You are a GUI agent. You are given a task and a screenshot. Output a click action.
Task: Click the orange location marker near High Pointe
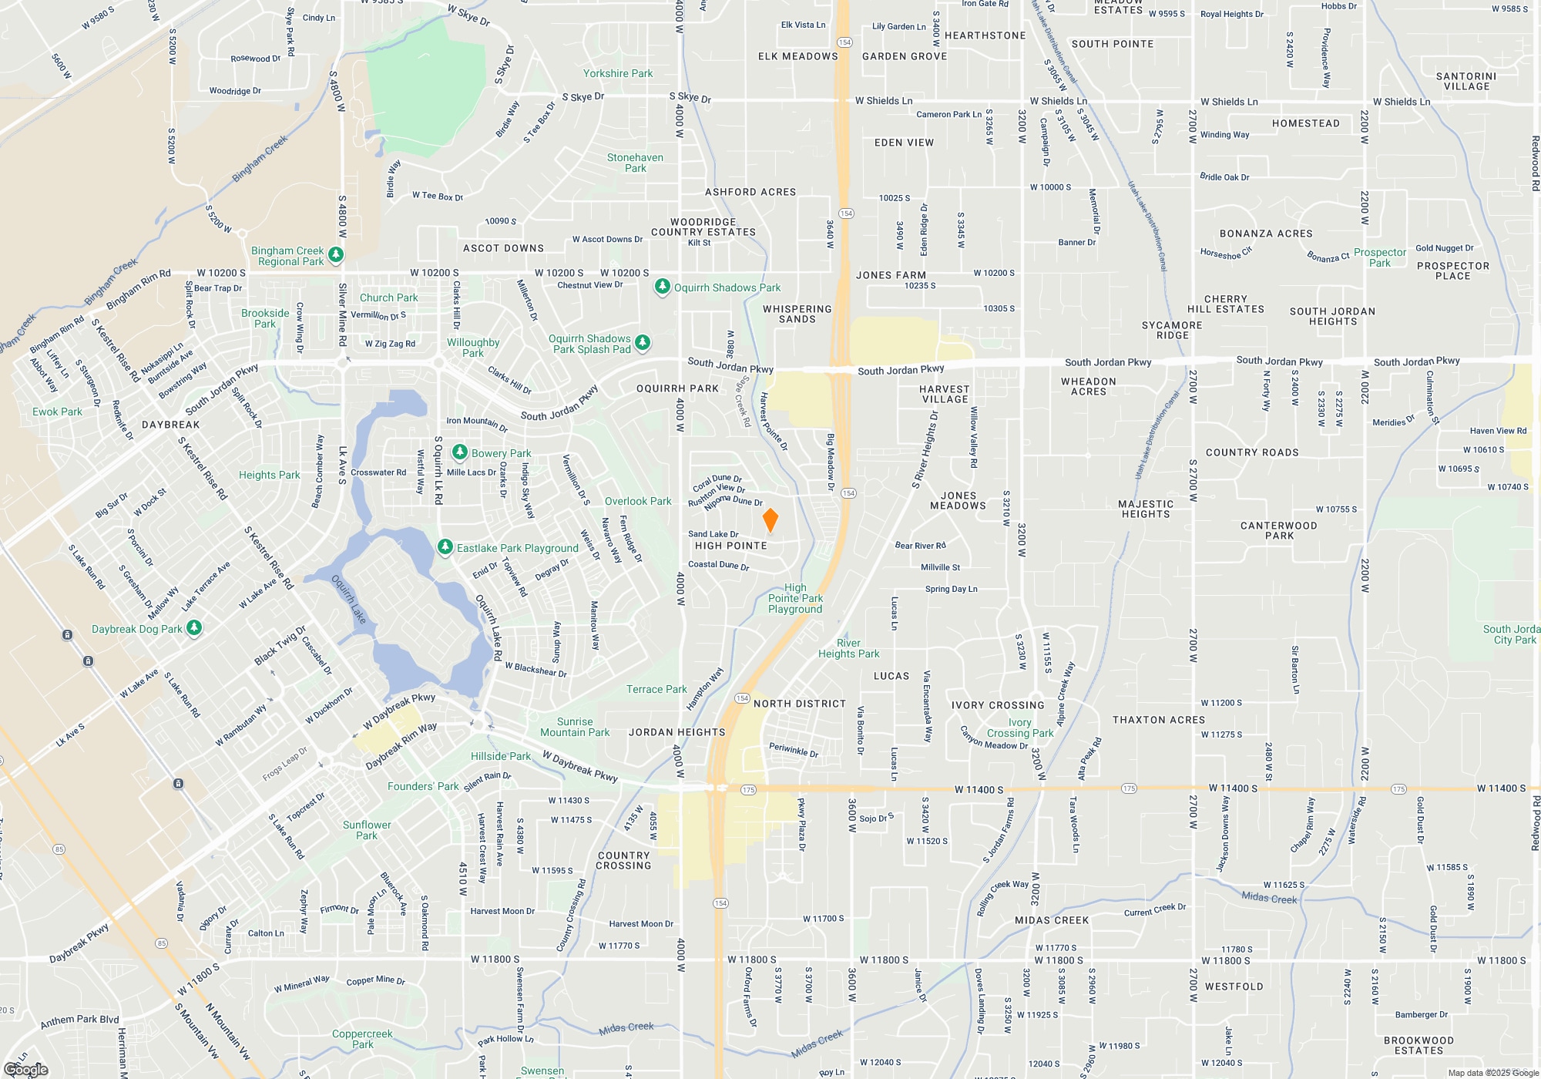click(770, 520)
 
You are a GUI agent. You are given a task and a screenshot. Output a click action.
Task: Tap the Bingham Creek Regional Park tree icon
click(335, 254)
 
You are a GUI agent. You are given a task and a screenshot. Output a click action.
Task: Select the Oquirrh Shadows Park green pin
click(662, 287)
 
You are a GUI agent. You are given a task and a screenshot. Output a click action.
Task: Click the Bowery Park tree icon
click(460, 452)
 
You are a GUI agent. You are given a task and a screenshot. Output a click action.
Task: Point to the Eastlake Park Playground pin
click(445, 546)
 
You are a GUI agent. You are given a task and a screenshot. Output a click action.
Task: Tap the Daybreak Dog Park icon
click(194, 627)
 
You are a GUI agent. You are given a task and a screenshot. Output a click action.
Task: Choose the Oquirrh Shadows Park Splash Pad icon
click(643, 342)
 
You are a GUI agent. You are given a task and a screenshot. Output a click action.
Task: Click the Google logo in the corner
click(26, 1069)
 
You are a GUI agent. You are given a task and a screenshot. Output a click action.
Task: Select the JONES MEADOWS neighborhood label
click(958, 501)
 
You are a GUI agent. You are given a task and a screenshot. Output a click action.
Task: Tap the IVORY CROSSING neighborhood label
click(997, 705)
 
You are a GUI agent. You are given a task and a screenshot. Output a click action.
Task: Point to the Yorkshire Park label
click(617, 74)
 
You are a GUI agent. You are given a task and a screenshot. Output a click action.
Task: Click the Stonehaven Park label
click(635, 163)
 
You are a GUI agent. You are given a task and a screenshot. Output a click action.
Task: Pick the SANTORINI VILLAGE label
click(1465, 82)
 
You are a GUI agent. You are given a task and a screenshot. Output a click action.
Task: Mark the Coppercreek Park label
click(362, 1039)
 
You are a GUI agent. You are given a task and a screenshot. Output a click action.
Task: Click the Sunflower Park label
click(367, 830)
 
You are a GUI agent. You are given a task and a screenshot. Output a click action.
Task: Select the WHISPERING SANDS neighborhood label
click(797, 314)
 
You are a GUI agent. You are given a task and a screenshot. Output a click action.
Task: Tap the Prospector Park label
click(1379, 257)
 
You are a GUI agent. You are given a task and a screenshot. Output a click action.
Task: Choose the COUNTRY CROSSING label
click(623, 860)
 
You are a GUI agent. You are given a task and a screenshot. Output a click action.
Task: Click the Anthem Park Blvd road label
click(79, 1020)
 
